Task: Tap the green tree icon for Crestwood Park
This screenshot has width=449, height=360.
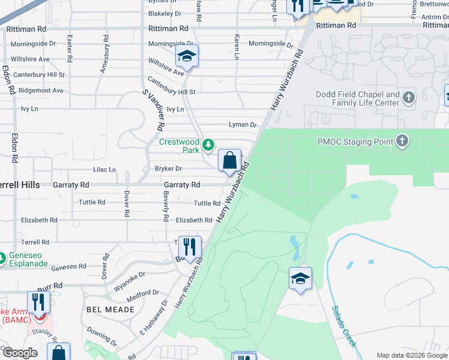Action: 208,144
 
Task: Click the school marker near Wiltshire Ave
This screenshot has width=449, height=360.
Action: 187,57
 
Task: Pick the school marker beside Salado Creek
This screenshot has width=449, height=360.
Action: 300,278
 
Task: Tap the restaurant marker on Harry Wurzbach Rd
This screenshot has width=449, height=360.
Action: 190,247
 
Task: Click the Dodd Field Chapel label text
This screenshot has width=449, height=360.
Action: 358,99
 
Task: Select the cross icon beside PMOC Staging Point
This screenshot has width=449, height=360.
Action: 402,142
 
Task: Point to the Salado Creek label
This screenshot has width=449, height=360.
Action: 344,325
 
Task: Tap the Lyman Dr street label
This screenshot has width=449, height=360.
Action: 243,125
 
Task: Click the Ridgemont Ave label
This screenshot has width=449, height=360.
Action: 41,91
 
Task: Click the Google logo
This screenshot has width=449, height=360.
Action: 20,353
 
